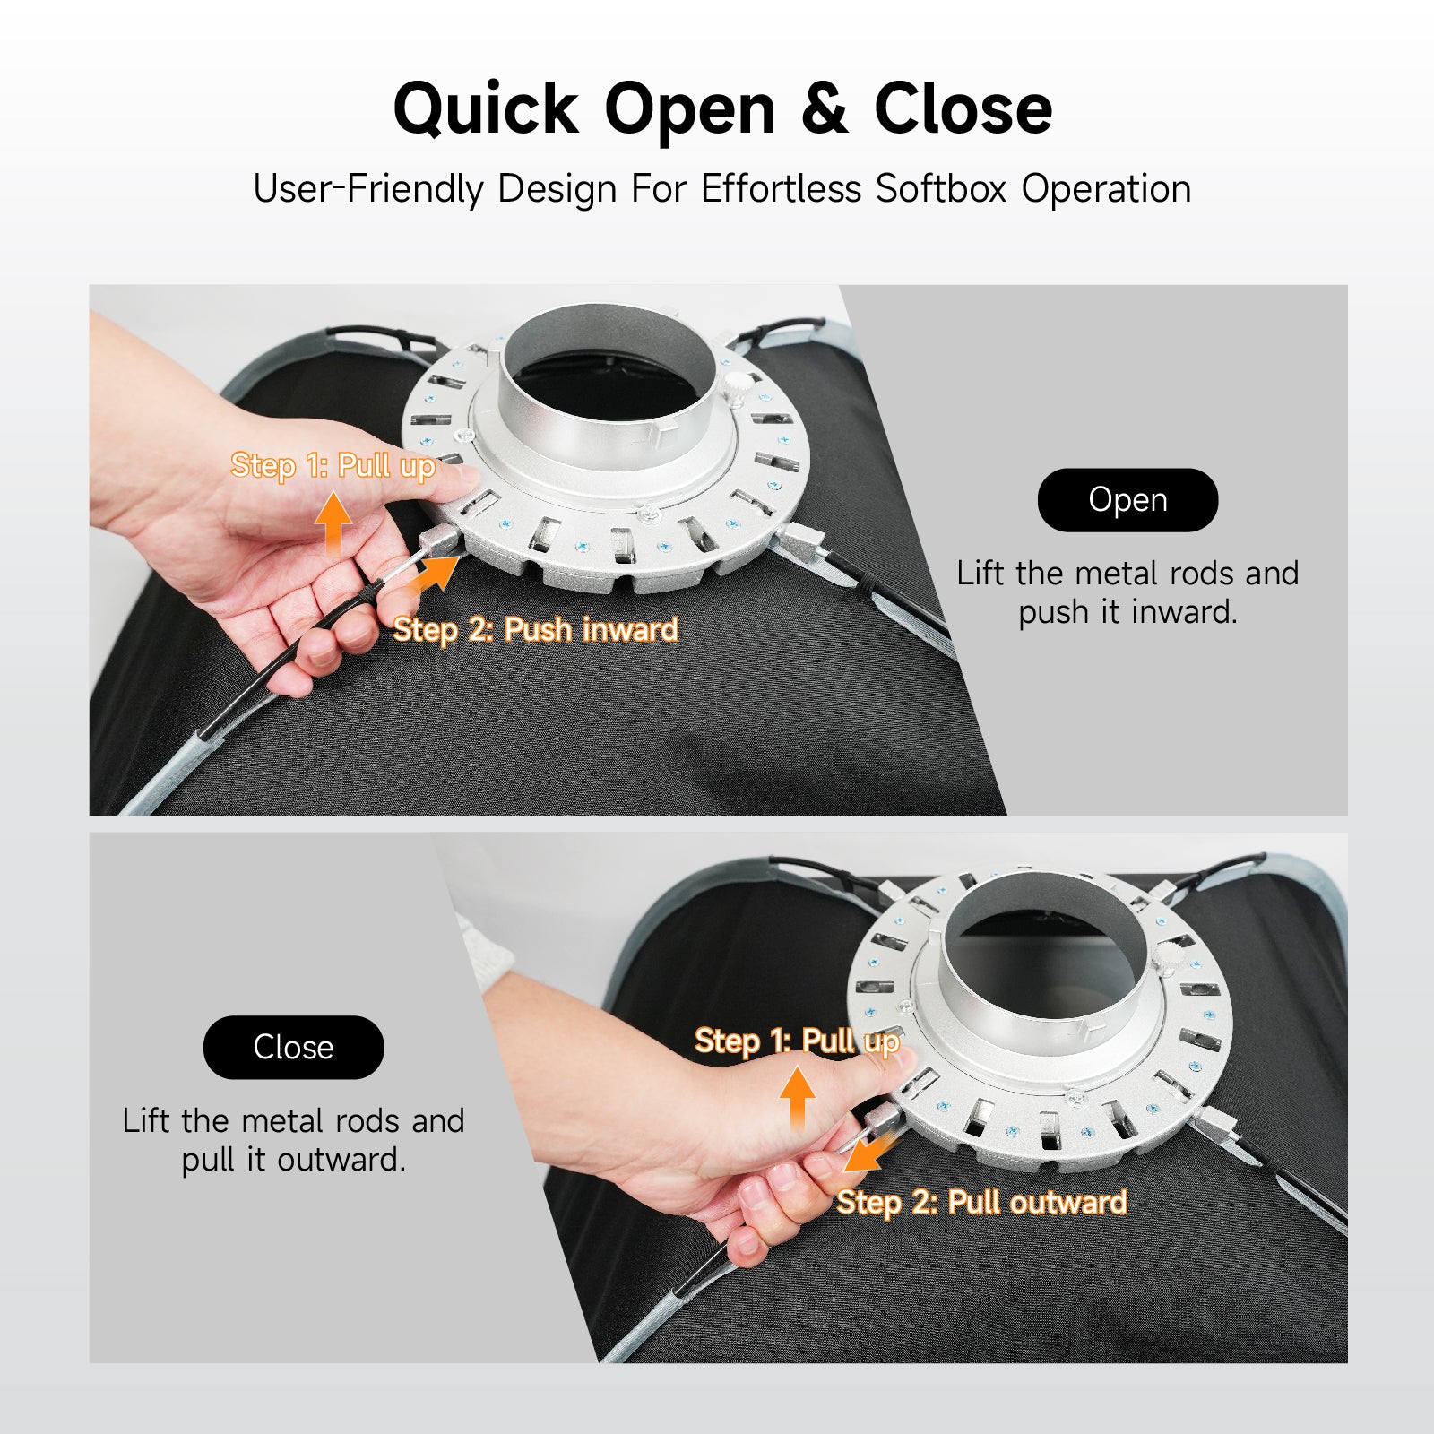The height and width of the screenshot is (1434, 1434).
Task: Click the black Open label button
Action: pyautogui.click(x=1127, y=500)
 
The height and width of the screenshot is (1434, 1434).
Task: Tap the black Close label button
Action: pyautogui.click(x=293, y=1047)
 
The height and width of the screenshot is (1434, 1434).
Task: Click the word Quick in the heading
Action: pyautogui.click(x=487, y=109)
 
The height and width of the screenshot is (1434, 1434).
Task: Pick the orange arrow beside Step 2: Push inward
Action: pyautogui.click(x=433, y=574)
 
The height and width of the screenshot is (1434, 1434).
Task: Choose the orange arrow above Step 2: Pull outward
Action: pyautogui.click(x=864, y=1151)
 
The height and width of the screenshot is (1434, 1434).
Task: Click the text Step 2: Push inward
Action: pyautogui.click(x=535, y=629)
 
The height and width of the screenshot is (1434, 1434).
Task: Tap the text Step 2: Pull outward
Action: pyautogui.click(x=981, y=1202)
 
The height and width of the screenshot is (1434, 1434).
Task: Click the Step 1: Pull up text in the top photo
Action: pyautogui.click(x=333, y=466)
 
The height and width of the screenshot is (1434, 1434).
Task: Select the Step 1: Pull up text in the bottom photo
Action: pyautogui.click(x=797, y=1041)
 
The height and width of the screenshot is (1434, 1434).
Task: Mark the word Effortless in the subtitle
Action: pyautogui.click(x=781, y=189)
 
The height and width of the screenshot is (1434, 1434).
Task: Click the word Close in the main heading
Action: pyautogui.click(x=963, y=109)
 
